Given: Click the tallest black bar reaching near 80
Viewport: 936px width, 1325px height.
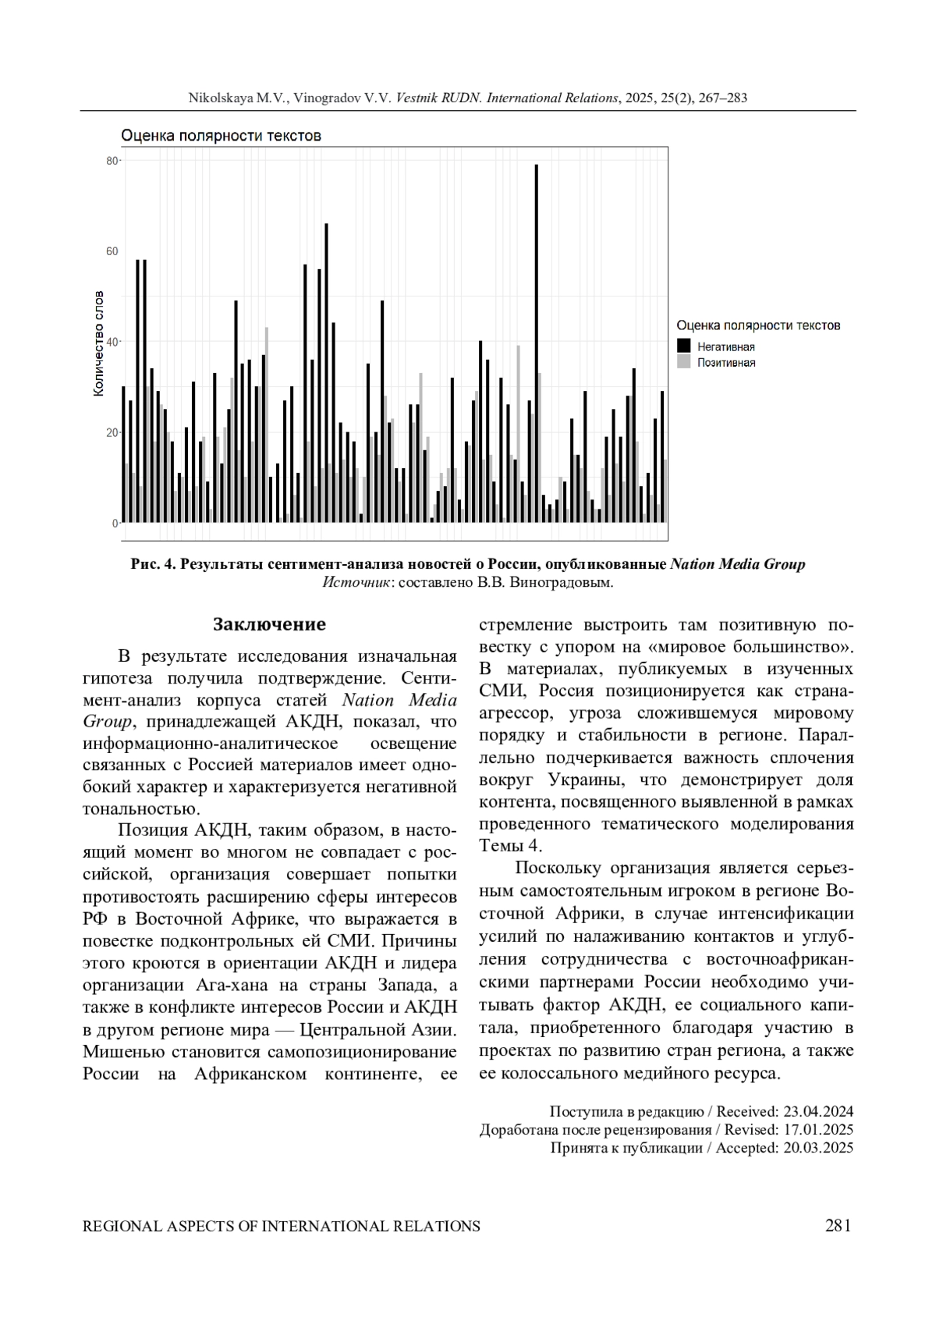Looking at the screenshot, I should (x=536, y=343).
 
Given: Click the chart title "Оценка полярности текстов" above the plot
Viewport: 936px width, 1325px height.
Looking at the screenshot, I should (x=221, y=136).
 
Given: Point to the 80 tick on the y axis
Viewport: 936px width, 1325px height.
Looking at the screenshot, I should (x=112, y=161).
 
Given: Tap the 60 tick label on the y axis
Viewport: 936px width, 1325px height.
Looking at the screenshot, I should (x=112, y=251).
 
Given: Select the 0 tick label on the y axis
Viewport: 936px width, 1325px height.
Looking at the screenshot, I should (x=115, y=524).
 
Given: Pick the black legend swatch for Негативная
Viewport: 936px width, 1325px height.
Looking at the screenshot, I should (x=684, y=346).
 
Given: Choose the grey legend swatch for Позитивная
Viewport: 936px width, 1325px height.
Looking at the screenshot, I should (x=684, y=362).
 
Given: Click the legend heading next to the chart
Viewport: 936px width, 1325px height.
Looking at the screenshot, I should (x=758, y=325).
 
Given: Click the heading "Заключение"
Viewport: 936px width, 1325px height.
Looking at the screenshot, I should (x=269, y=625).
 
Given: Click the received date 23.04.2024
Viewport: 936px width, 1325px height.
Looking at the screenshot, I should (x=817, y=1111).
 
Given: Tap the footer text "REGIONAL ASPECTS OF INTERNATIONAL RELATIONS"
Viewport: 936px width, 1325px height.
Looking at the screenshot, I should (x=282, y=1227).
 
